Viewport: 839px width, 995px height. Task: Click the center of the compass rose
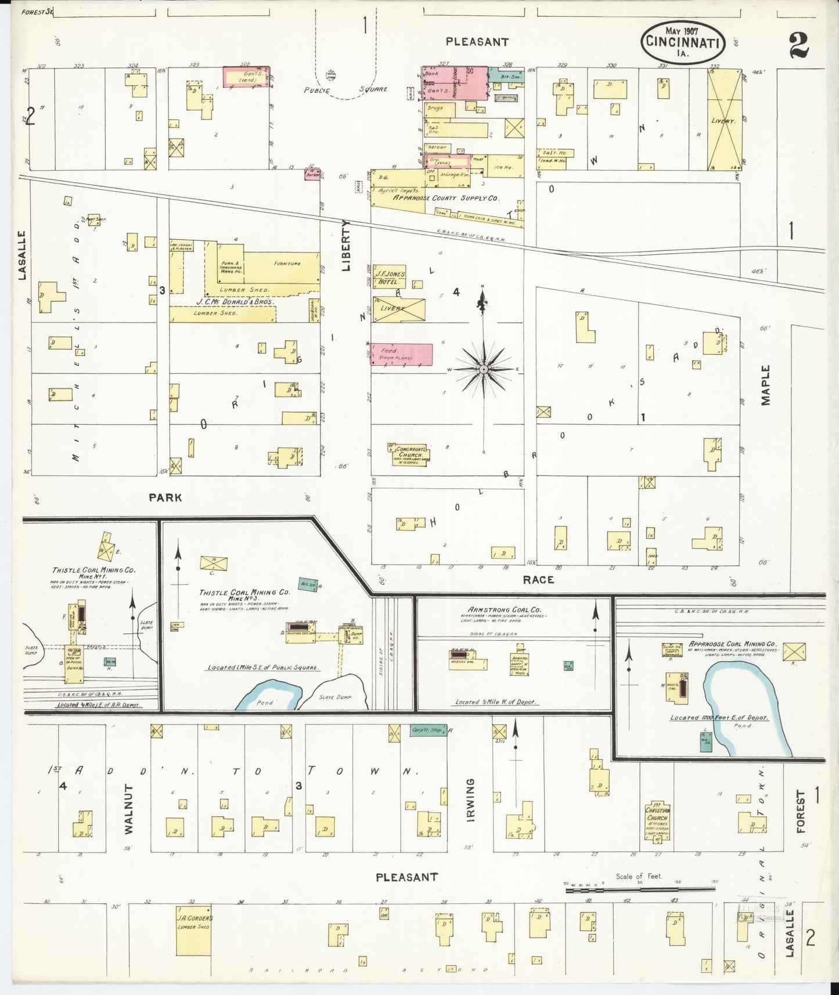click(483, 369)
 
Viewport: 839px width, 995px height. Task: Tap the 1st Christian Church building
click(657, 820)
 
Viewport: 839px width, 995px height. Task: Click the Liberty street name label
click(347, 246)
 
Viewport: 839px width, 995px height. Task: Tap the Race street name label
click(538, 579)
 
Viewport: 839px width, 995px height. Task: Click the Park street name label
click(165, 497)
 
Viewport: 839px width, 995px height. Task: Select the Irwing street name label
click(470, 799)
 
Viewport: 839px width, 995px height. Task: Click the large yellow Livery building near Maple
click(724, 120)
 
